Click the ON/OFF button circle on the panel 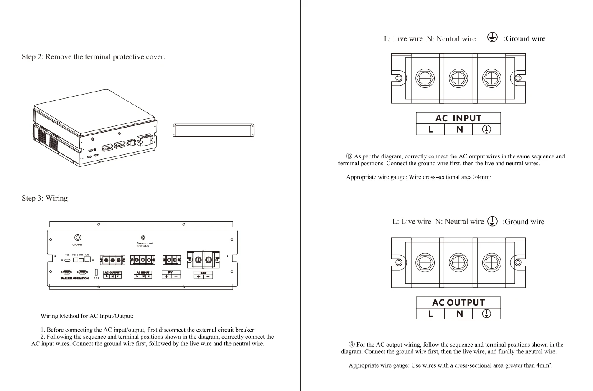[77, 238]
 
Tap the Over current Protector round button [143, 238]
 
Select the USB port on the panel [67, 260]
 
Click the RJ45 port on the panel [87, 259]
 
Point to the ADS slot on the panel [96, 272]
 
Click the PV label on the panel [171, 273]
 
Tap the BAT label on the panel [204, 273]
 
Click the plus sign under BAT [199, 276]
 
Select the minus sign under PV [176, 276]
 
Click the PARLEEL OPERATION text [75, 279]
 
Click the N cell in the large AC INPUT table [459, 130]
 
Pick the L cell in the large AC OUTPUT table [430, 314]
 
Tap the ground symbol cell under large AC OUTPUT [486, 314]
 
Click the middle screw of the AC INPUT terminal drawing [458, 79]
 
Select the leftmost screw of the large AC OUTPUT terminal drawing [425, 263]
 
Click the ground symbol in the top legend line [493, 38]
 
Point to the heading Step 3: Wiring [45, 198]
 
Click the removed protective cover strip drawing [213, 130]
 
